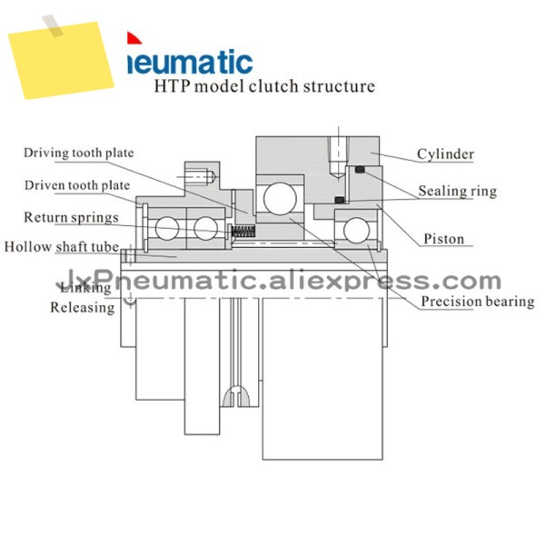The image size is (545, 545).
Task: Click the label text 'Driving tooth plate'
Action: [78, 153]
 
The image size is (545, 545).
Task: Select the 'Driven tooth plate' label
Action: [77, 185]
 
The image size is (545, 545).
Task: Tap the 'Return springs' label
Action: [71, 218]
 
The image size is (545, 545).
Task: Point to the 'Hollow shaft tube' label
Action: [62, 247]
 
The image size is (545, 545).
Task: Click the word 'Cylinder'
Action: [445, 154]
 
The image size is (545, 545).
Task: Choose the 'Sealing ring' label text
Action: [458, 191]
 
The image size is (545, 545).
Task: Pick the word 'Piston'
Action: [444, 239]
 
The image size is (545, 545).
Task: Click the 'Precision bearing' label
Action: [478, 302]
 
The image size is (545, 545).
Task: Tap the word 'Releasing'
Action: [83, 308]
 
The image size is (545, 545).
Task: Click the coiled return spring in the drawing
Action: [243, 231]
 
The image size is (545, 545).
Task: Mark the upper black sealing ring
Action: [360, 170]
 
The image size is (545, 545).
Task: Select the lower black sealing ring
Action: [340, 200]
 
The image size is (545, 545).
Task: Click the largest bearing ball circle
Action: [280, 199]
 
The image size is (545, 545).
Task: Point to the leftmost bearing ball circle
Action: [167, 228]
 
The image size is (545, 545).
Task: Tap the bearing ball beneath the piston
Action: [357, 230]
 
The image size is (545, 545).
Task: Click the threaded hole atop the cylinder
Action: [339, 156]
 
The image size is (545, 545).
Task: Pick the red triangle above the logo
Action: [134, 38]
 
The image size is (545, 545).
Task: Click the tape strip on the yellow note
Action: [53, 25]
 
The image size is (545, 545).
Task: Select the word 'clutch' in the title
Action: [273, 86]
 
